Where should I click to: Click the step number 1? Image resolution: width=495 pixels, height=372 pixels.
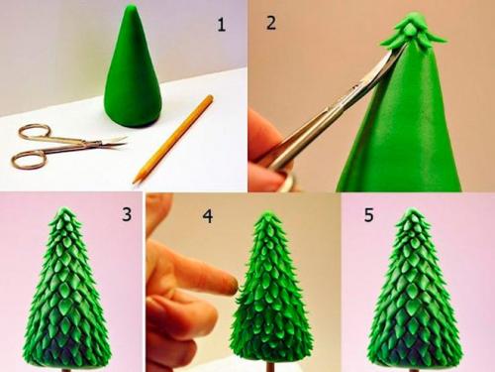(221, 25)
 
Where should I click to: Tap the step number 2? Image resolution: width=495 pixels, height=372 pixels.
(271, 23)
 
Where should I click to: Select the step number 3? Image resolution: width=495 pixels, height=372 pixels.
(127, 214)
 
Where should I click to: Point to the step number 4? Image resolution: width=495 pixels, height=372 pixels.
(208, 216)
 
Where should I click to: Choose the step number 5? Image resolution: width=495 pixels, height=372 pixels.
(368, 214)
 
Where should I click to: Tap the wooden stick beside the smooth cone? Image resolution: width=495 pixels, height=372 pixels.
(172, 139)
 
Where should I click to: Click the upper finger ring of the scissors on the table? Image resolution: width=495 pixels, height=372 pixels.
(33, 132)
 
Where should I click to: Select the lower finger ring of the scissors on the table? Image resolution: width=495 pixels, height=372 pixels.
(28, 159)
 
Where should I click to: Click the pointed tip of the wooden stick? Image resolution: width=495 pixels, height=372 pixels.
(134, 182)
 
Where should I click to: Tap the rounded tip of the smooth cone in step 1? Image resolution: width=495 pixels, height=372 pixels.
(133, 6)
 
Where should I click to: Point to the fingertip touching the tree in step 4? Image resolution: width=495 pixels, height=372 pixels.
(231, 285)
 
